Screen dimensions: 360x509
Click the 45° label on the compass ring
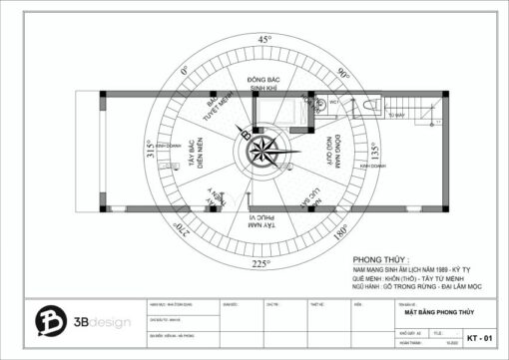point(264,39)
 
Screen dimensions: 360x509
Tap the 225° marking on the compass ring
point(261,264)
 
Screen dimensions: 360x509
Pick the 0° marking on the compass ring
point(185,72)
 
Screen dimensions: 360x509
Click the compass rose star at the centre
point(264,152)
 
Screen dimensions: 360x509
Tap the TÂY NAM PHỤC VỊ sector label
point(262,221)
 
